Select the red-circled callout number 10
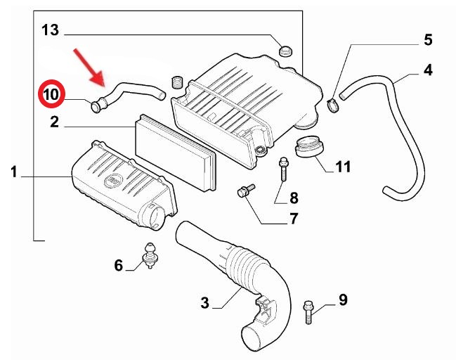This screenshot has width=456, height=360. click(x=52, y=94)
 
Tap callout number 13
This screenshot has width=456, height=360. click(x=50, y=30)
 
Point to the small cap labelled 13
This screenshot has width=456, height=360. click(x=285, y=51)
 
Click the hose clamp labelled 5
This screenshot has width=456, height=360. click(x=333, y=105)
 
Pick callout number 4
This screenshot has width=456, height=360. click(x=428, y=70)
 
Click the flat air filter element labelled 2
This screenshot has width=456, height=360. click(x=176, y=152)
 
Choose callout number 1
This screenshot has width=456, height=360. click(x=14, y=172)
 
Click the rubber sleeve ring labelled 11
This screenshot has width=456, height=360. click(x=309, y=148)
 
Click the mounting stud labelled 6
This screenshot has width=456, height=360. click(x=149, y=255)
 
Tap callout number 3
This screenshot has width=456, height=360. click(x=204, y=302)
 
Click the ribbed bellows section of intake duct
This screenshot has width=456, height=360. click(x=243, y=266)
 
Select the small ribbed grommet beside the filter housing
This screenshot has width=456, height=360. click(x=177, y=82)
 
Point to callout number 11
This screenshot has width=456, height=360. click(x=343, y=167)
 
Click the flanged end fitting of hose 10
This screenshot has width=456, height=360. click(x=97, y=105)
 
